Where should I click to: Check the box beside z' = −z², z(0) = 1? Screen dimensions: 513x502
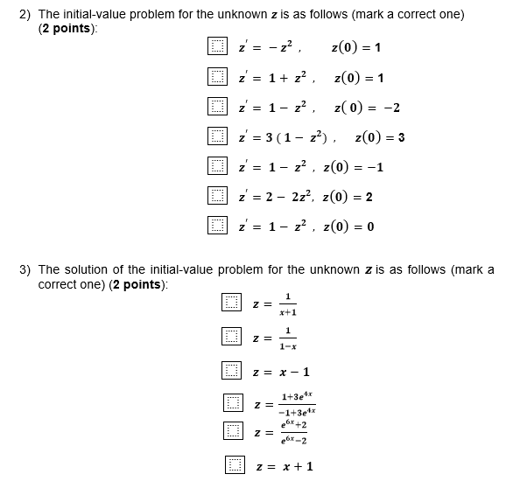[217, 47]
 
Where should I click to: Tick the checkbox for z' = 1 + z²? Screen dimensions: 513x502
[217, 78]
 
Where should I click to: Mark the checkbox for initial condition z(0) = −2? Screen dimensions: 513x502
[217, 108]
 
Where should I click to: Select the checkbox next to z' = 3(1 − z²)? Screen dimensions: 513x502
[217, 137]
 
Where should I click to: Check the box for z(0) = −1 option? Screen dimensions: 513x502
[217, 167]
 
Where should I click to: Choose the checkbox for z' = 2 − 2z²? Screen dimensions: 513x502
[217, 197]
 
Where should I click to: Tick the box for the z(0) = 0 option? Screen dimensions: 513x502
[217, 227]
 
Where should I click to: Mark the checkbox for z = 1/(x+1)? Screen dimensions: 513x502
[231, 303]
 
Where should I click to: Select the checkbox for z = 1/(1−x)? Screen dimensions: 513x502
[231, 337]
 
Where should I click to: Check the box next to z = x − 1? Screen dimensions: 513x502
[231, 371]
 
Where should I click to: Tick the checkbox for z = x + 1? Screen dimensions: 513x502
[235, 465]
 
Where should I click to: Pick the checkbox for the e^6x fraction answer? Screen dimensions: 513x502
[231, 431]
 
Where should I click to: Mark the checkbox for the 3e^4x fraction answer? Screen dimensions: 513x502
[231, 403]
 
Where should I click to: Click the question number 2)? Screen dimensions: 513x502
[26, 15]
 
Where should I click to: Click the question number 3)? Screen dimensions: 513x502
[26, 269]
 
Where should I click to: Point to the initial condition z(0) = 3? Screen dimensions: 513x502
[380, 137]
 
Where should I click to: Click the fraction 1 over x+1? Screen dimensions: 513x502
[288, 303]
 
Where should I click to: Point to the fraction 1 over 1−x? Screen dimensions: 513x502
[288, 338]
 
